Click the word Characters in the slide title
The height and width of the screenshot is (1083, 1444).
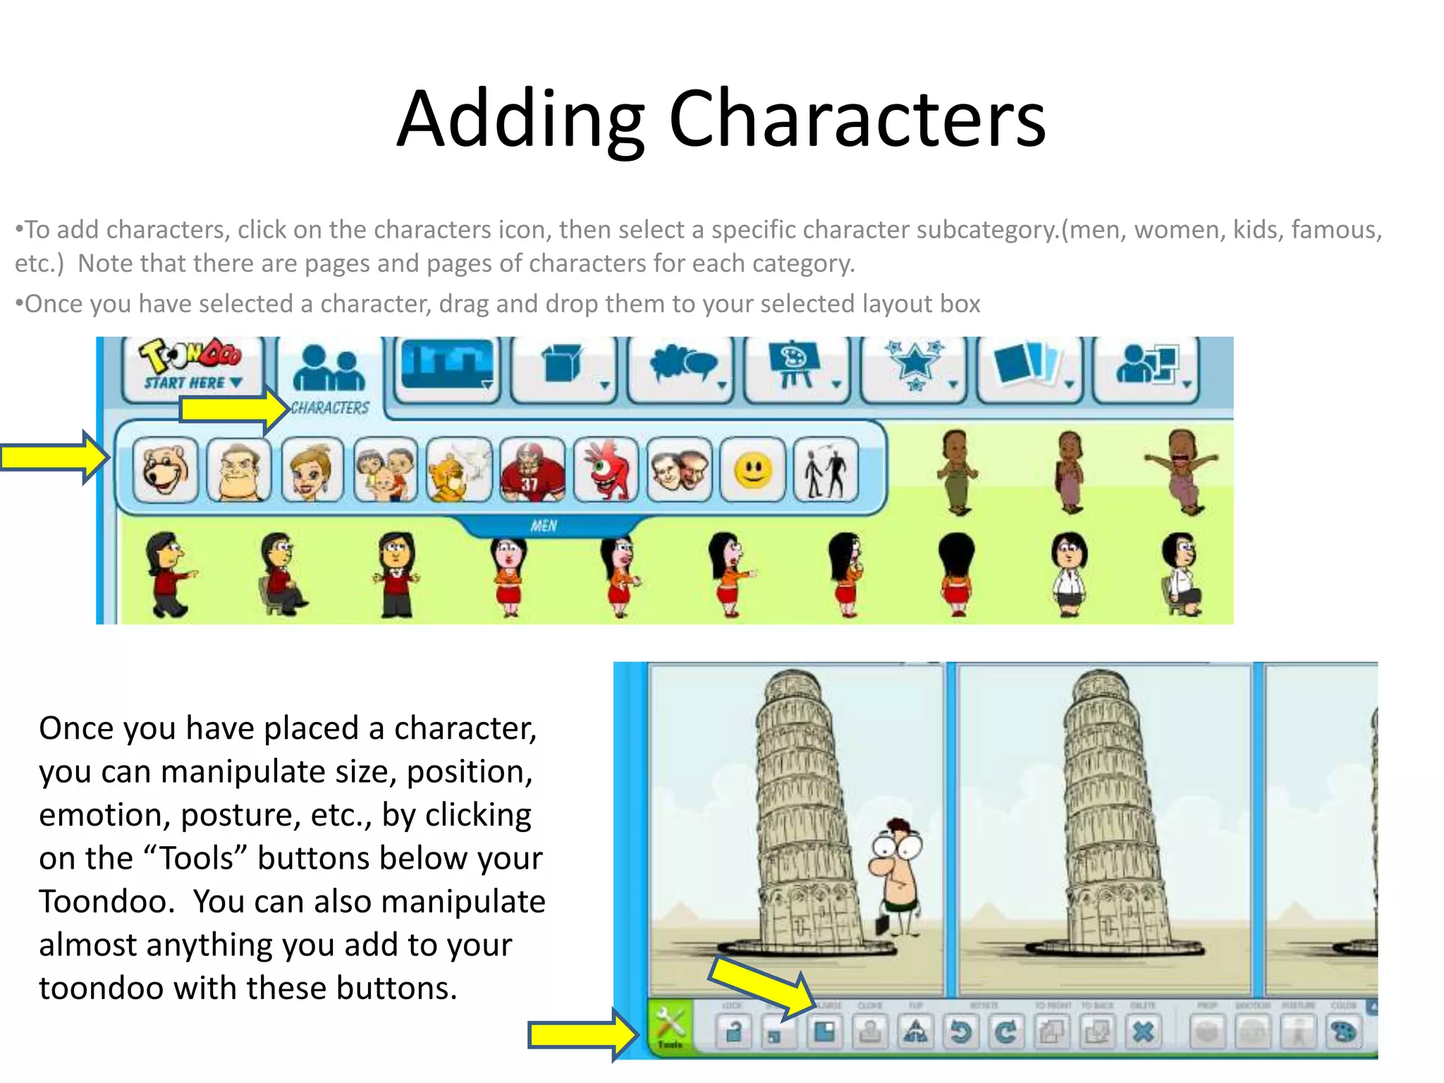(856, 120)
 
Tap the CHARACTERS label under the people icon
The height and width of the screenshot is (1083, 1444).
(330, 408)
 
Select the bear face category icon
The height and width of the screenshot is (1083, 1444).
(166, 470)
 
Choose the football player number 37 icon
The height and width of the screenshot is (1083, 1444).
(532, 470)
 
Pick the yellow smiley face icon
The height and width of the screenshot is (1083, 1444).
(753, 470)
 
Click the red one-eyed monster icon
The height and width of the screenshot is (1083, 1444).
(606, 470)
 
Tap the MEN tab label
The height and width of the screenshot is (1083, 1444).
(544, 526)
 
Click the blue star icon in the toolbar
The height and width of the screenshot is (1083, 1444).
(914, 365)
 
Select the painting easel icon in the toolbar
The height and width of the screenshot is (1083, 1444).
(794, 365)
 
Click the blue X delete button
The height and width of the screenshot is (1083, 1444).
(1143, 1032)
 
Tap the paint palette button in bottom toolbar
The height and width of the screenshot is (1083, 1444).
(1344, 1032)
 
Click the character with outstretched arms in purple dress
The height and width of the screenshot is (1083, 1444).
(1182, 470)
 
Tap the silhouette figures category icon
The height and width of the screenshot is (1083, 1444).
(826, 470)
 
